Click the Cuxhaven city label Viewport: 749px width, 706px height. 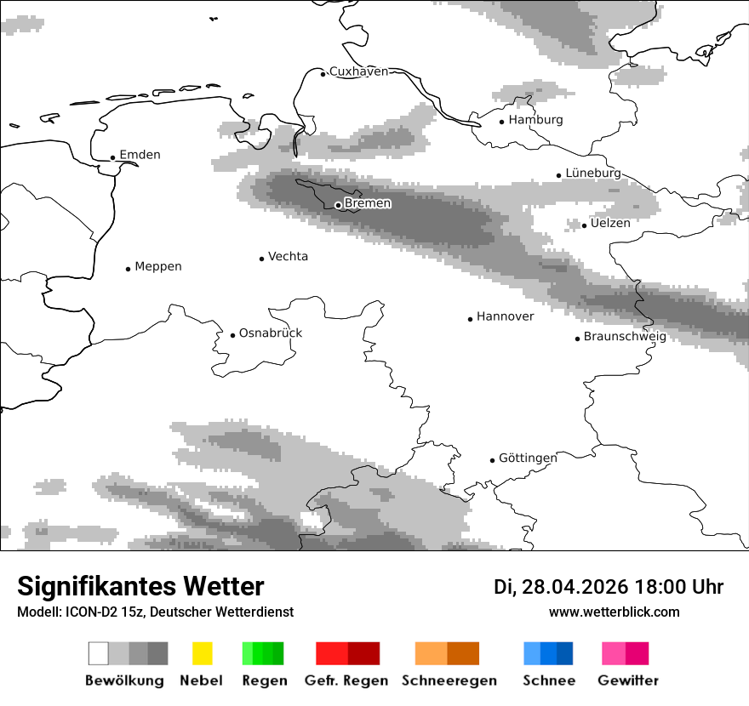[358, 71]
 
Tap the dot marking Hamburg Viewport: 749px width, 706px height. [502, 121]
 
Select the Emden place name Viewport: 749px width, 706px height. [140, 155]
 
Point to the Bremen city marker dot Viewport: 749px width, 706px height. [338, 205]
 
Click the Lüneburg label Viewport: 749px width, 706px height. [593, 173]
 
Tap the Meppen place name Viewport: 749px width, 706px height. [158, 266]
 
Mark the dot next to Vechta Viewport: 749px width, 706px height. [262, 259]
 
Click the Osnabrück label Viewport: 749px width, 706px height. [271, 333]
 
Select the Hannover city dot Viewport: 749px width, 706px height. [470, 319]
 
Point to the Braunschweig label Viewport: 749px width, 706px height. [625, 336]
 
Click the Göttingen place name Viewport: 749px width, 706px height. [528, 458]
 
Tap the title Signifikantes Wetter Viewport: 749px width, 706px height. [140, 587]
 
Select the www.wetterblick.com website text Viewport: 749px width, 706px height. [614, 612]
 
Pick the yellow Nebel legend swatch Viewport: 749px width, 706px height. [203, 653]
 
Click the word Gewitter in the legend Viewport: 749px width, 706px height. [628, 680]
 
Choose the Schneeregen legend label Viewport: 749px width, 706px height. [449, 680]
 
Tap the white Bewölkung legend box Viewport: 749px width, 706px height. [99, 653]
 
